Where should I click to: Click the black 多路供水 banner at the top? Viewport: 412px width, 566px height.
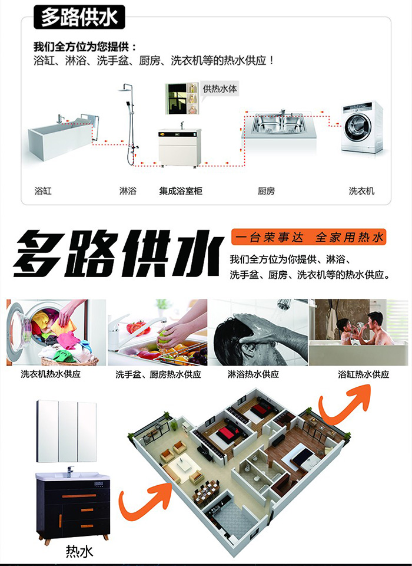click(79, 17)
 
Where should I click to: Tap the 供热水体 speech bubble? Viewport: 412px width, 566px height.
click(220, 89)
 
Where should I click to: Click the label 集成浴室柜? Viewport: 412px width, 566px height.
click(181, 190)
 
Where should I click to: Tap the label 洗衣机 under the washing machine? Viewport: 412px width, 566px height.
click(361, 190)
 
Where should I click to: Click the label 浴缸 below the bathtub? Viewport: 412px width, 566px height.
click(43, 190)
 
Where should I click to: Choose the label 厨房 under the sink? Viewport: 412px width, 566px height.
click(267, 190)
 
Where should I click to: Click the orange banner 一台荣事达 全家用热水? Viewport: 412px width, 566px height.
click(308, 237)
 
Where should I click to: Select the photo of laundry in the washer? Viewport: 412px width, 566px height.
click(56, 333)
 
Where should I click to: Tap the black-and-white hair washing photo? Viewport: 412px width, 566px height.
click(258, 333)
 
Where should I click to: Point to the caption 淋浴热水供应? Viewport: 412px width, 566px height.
click(254, 374)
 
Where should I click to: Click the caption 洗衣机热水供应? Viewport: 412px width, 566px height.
click(51, 374)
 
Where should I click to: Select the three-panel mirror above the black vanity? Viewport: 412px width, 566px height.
click(67, 431)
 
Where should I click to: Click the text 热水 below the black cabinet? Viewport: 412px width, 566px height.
click(79, 551)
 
